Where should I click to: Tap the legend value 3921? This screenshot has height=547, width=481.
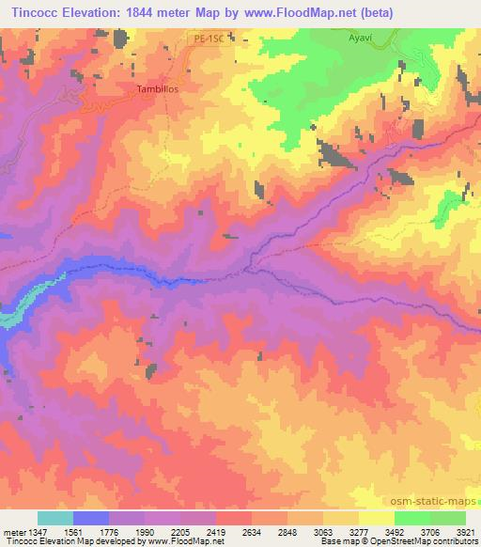[x=467, y=531]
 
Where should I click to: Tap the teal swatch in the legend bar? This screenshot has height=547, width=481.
[x=55, y=518]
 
